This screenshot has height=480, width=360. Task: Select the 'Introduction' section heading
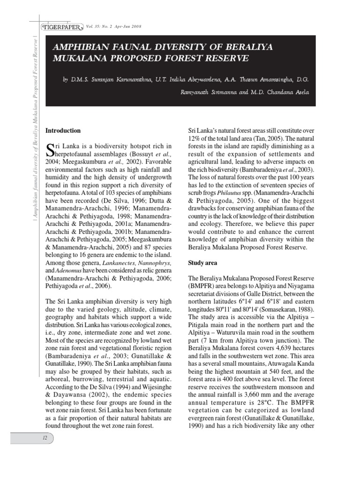(63, 131)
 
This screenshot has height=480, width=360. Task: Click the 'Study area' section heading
(202, 263)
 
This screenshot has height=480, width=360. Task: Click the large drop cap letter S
(51, 150)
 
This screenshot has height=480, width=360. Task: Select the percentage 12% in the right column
(195, 139)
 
